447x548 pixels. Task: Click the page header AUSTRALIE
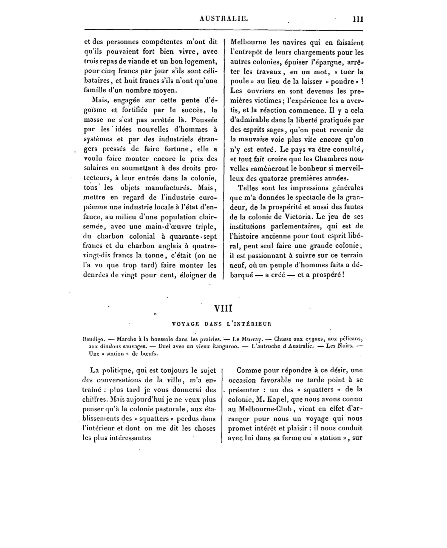pyautogui.click(x=224, y=19)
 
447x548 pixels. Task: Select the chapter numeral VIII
pyautogui.click(x=223, y=309)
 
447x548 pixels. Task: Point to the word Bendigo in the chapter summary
pyautogui.click(x=94, y=339)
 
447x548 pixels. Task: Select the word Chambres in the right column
pyautogui.click(x=327, y=159)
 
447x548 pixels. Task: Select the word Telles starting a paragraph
pyautogui.click(x=248, y=188)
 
